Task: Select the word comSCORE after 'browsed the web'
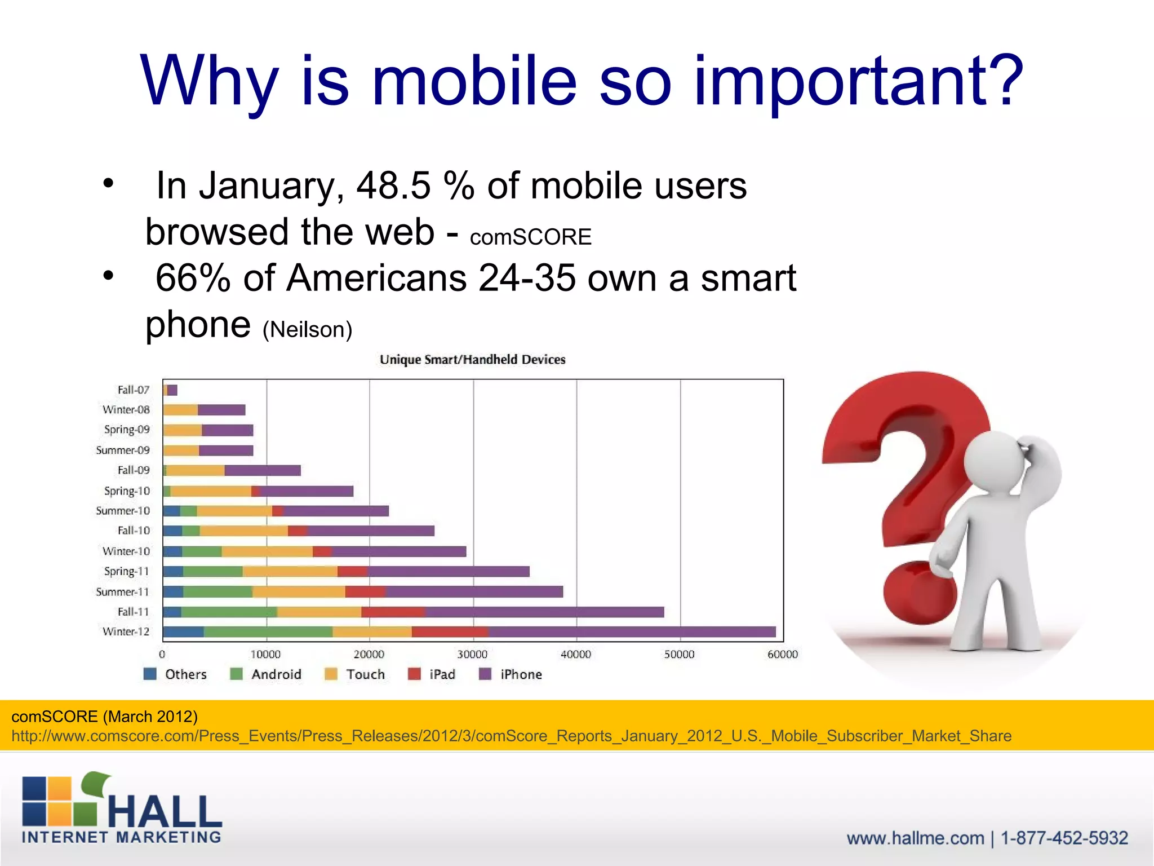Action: (530, 237)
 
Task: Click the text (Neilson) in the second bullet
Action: (307, 329)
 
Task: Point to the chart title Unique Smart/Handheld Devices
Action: (472, 360)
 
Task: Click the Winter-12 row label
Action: (126, 631)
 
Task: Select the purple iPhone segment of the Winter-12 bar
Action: (631, 632)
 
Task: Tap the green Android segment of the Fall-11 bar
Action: (229, 612)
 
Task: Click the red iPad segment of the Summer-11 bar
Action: (365, 591)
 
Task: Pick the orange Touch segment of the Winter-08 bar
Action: (180, 410)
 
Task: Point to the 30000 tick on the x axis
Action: (472, 655)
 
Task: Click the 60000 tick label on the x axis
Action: (782, 655)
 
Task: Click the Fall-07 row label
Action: (134, 390)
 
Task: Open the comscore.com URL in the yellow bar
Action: (511, 736)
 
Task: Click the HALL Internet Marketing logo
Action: (122, 807)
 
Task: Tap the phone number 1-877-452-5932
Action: (1064, 838)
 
